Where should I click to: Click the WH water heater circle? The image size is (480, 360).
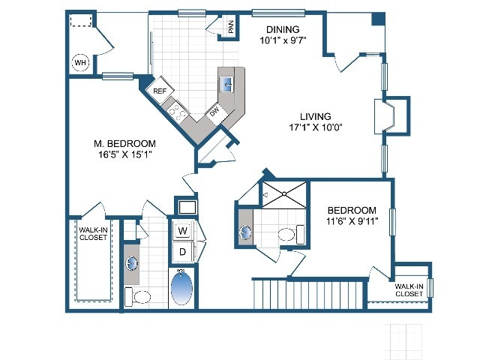[80, 63]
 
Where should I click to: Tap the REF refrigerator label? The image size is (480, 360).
[159, 91]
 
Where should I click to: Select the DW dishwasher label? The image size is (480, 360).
[214, 112]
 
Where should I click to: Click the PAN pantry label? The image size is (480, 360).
[231, 27]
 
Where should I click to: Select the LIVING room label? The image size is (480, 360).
[315, 115]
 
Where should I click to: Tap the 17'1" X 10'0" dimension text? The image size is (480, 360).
[315, 127]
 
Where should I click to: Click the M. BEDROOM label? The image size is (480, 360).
[124, 144]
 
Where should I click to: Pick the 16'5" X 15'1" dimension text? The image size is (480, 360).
[124, 156]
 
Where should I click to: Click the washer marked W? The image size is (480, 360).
[183, 230]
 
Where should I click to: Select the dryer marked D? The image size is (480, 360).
[183, 252]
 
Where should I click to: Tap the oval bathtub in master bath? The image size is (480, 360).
[181, 288]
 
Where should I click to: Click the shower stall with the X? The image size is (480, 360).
[283, 194]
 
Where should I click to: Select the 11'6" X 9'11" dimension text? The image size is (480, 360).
[351, 220]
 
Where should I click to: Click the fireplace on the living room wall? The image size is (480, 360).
[388, 115]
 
